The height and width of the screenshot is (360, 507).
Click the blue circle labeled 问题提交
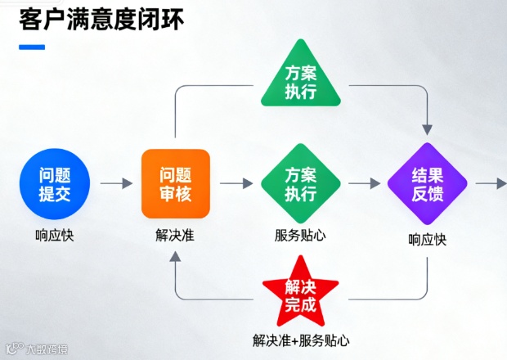pyautogui.click(x=56, y=183)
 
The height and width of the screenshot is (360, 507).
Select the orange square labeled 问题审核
pyautogui.click(x=176, y=183)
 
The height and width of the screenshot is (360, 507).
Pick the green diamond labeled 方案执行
pyautogui.click(x=300, y=183)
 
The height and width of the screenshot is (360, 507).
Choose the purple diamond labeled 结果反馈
pyautogui.click(x=427, y=183)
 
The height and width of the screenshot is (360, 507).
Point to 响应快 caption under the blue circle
pyautogui.click(x=56, y=236)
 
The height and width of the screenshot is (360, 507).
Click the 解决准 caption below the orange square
pyautogui.click(x=176, y=236)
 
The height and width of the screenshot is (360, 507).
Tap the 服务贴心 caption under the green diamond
pyautogui.click(x=300, y=236)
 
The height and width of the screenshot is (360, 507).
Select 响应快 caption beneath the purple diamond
pyautogui.click(x=427, y=240)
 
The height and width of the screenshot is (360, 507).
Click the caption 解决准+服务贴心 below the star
pyautogui.click(x=300, y=340)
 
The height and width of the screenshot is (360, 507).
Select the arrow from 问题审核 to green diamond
pyautogui.click(x=236, y=183)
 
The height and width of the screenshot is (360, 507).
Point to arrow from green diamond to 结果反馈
pyautogui.click(x=365, y=183)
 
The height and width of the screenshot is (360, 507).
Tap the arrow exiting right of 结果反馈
pyautogui.click(x=491, y=183)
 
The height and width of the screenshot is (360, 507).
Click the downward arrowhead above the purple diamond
pyautogui.click(x=427, y=128)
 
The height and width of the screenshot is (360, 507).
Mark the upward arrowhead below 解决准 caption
pyautogui.click(x=176, y=256)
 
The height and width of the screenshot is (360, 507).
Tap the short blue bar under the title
pyautogui.click(x=32, y=47)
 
